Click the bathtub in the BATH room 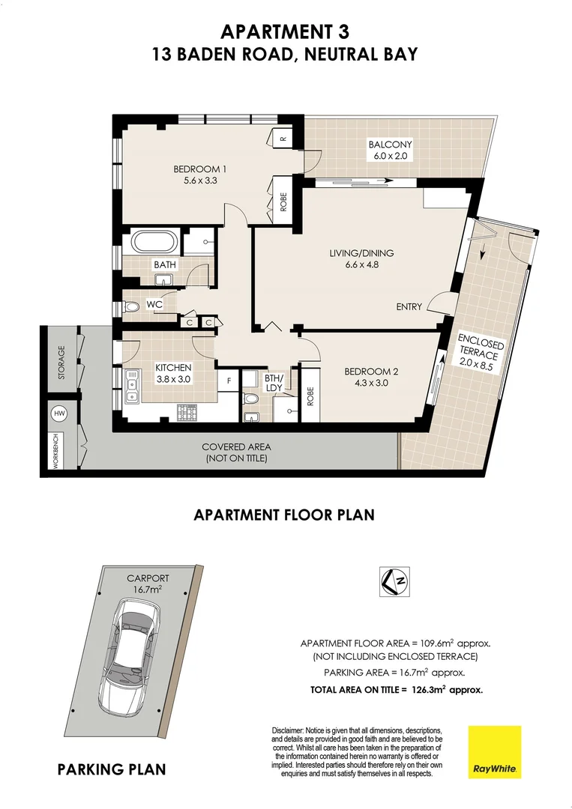pos(155,243)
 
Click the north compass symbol pos(394,581)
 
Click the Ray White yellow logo pos(494,751)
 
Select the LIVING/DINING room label pos(361,253)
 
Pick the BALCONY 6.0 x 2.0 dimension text pos(389,157)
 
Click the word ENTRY pos(409,306)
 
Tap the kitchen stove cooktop pos(187,412)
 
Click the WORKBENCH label pos(55,452)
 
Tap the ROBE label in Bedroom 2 pos(310,396)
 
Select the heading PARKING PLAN pos(112,769)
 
